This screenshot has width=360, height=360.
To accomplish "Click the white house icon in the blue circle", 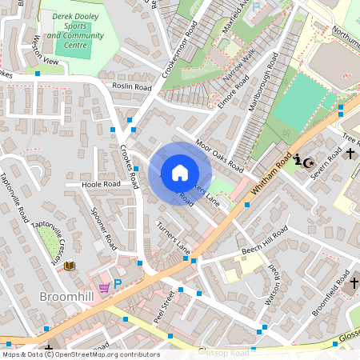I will (x=180, y=173).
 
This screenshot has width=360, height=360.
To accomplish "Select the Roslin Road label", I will (x=132, y=86).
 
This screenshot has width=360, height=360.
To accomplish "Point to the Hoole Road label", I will (x=101, y=184).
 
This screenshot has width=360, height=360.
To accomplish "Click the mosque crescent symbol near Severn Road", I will (x=303, y=160).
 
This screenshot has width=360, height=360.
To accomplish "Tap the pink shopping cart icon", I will (x=103, y=286).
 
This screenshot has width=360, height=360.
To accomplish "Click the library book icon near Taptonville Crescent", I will (x=70, y=265).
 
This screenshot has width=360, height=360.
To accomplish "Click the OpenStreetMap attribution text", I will (x=80, y=354).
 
